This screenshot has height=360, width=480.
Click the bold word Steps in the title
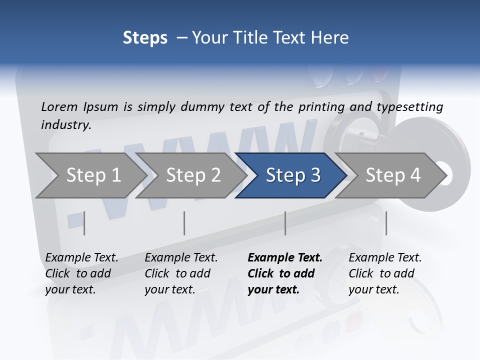point(145,38)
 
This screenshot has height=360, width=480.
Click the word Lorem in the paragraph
point(59,106)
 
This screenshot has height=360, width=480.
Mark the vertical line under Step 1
point(84,223)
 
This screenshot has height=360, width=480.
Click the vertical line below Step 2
point(184,223)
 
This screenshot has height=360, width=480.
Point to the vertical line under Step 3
point(285,223)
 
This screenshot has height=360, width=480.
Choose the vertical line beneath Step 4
point(386,223)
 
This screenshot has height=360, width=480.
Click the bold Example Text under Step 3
point(285,258)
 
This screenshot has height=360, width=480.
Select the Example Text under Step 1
point(81,258)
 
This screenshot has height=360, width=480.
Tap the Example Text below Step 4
point(385,258)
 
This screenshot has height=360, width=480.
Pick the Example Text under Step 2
point(181,258)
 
